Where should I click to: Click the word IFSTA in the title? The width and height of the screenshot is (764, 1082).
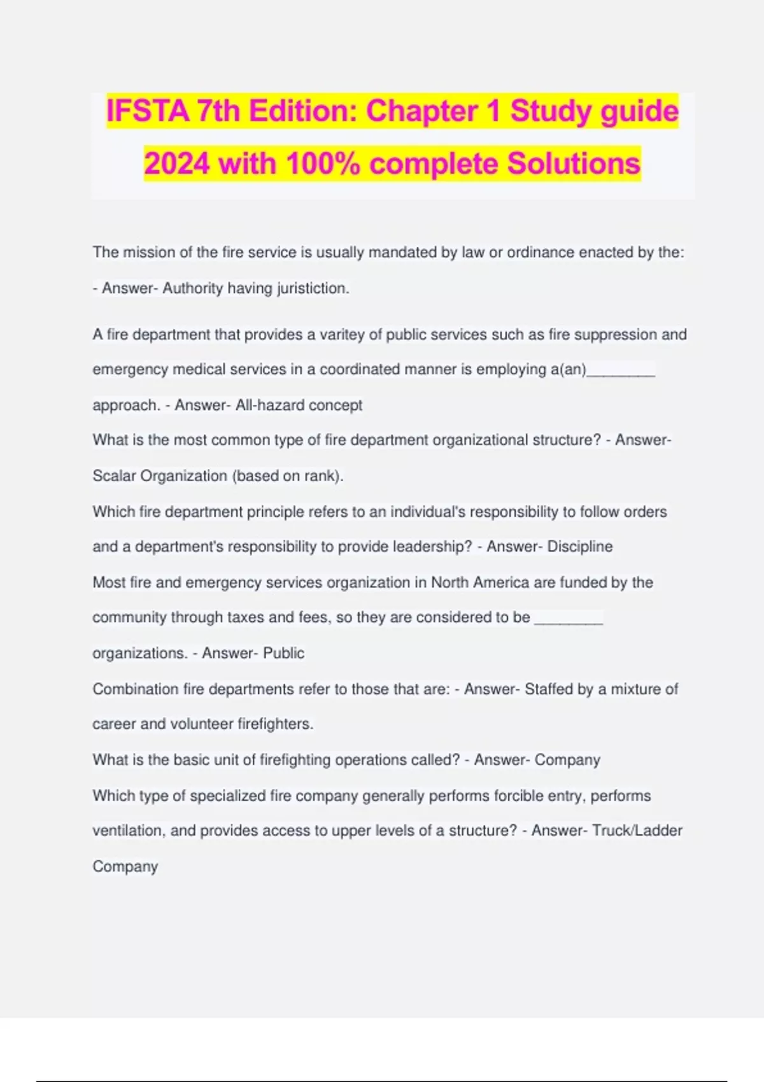(148, 111)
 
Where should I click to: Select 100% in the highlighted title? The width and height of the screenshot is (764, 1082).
(323, 164)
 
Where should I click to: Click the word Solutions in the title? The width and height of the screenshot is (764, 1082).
(573, 164)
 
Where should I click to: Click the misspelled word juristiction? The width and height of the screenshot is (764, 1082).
(313, 288)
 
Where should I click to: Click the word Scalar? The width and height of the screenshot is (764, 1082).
(114, 476)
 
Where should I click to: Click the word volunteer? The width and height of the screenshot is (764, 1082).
(201, 724)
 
